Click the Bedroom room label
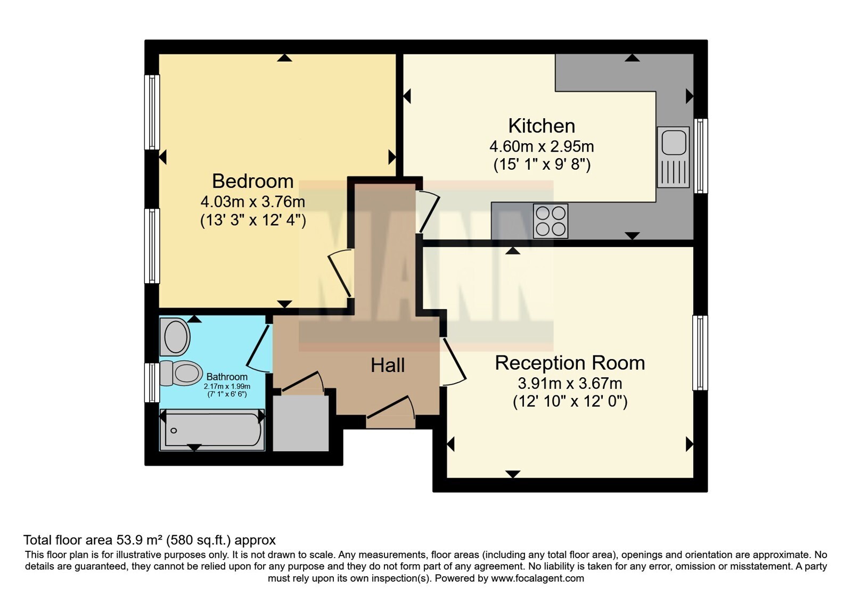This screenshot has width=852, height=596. (252, 181)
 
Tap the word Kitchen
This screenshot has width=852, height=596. (542, 126)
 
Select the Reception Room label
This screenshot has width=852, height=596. (570, 363)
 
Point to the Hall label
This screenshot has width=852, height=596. (388, 365)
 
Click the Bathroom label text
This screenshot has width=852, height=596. (227, 377)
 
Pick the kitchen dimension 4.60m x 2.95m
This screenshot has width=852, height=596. (542, 146)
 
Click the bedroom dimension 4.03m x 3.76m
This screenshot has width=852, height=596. (252, 202)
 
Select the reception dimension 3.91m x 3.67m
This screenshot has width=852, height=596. (570, 384)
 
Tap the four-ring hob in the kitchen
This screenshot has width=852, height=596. (551, 221)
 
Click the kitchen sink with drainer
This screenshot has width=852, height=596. (673, 157)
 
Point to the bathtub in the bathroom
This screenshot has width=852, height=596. (212, 430)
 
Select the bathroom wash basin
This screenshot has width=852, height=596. (175, 337)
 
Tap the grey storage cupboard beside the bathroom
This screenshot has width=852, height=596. (301, 423)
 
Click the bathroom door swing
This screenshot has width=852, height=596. (259, 349)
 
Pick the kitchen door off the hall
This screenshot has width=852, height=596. (428, 212)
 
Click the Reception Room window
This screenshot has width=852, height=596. (700, 353)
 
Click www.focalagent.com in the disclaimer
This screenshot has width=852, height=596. (537, 578)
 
